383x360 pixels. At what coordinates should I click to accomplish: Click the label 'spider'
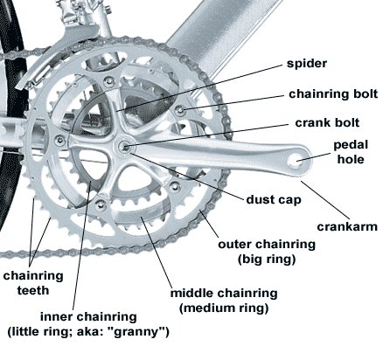tap(307, 64)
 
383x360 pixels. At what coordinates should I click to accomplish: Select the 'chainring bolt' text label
tap(333, 93)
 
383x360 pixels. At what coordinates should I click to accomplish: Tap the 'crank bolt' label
tap(327, 122)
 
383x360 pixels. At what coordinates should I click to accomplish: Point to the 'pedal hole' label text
tap(351, 152)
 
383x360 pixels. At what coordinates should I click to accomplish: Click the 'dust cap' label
tap(274, 200)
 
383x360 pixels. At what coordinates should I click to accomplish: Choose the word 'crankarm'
tap(347, 226)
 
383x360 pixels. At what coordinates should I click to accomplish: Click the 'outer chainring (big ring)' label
tap(267, 252)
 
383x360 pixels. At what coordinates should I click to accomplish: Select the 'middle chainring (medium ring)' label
tap(224, 301)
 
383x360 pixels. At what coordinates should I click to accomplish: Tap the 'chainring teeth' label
tap(33, 283)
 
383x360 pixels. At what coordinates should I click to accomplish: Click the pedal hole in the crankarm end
tap(297, 160)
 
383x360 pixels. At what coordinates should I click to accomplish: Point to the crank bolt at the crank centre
tap(124, 145)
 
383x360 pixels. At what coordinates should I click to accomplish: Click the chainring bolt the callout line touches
tap(180, 110)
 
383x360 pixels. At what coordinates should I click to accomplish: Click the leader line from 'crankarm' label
tap(324, 199)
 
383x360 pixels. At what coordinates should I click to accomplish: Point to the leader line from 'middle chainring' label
tap(156, 252)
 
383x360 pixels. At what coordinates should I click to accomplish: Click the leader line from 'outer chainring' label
tap(209, 224)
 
